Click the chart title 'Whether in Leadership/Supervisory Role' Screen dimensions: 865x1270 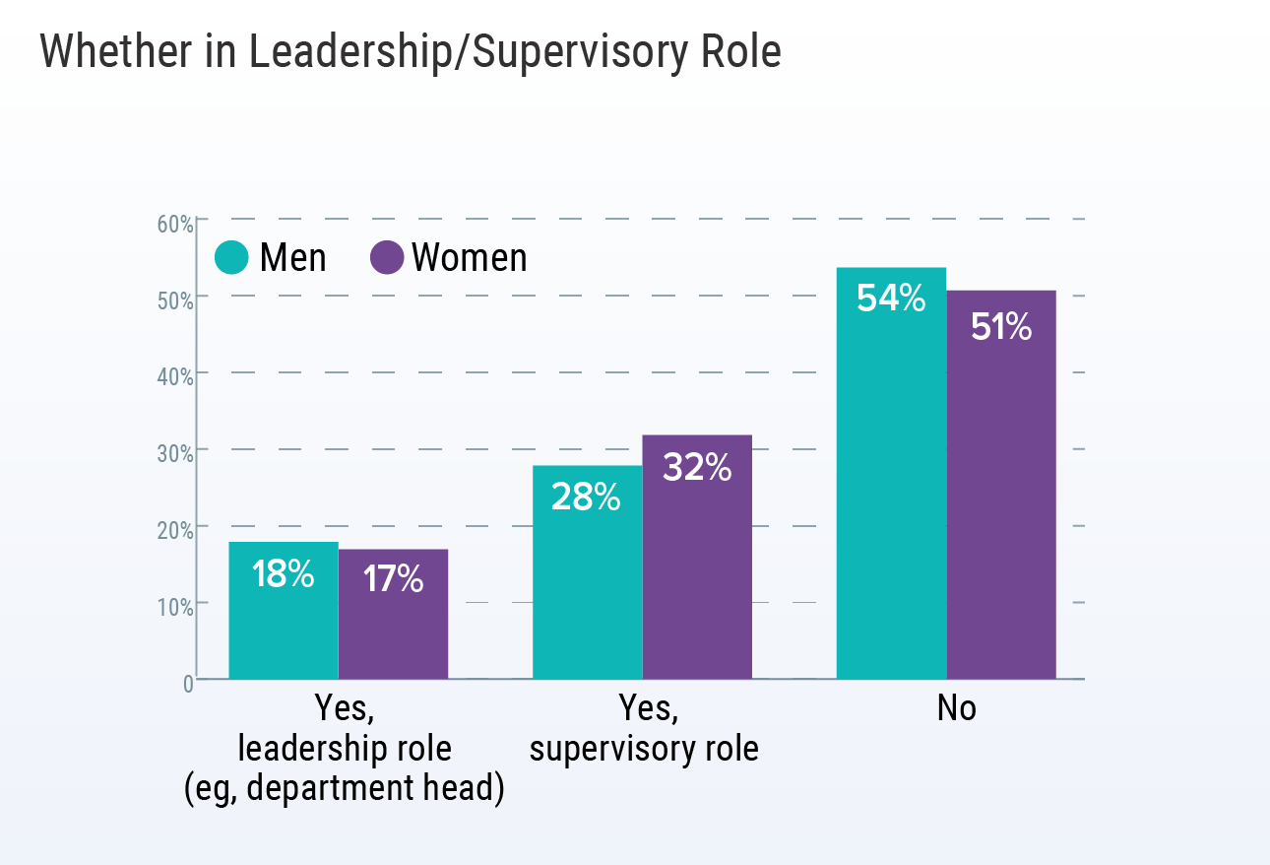[x=411, y=52]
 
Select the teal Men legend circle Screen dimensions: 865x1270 [x=232, y=258]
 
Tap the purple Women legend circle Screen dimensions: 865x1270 [x=387, y=258]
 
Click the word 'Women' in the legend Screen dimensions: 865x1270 [x=470, y=258]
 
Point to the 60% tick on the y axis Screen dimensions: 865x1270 [x=175, y=223]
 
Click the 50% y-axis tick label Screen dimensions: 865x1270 [x=175, y=299]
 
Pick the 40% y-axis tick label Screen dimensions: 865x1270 [x=175, y=376]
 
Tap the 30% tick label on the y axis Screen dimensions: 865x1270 [x=175, y=453]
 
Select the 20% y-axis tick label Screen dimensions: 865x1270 [x=175, y=530]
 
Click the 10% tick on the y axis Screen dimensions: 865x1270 [x=175, y=606]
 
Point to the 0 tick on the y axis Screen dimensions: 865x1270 [x=187, y=683]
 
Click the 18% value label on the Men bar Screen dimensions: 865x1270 [x=283, y=575]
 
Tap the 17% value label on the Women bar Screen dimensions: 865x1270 [x=393, y=579]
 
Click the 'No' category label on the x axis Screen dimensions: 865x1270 [x=956, y=708]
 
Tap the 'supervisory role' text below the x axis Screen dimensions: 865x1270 [x=644, y=750]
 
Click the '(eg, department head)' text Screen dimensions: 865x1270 [x=345, y=790]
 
